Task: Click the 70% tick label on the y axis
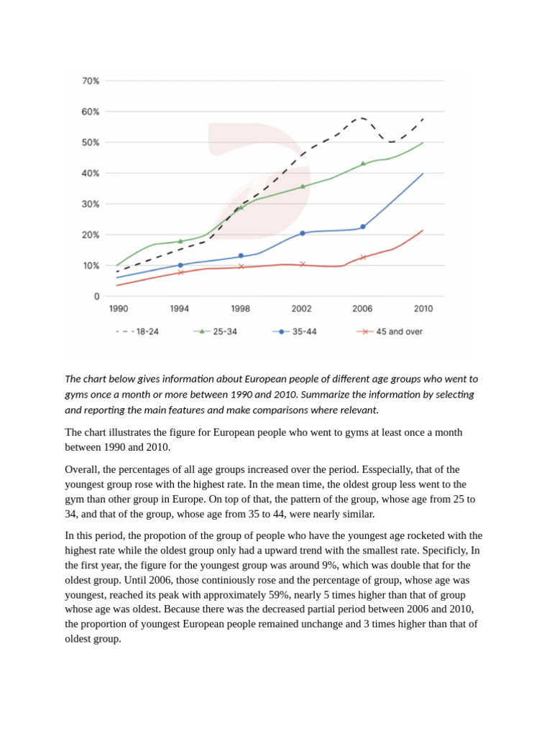(x=91, y=81)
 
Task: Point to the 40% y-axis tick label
(x=91, y=174)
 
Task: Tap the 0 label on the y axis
(x=96, y=296)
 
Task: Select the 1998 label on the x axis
(x=241, y=309)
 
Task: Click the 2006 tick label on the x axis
(x=362, y=309)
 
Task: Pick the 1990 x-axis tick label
(x=119, y=309)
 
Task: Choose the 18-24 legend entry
(x=137, y=332)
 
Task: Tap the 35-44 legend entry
(x=295, y=332)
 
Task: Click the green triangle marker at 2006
(x=363, y=164)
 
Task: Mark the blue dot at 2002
(x=302, y=233)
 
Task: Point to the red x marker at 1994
(x=180, y=273)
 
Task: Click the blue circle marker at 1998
(x=241, y=256)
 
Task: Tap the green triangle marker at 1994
(x=180, y=241)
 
